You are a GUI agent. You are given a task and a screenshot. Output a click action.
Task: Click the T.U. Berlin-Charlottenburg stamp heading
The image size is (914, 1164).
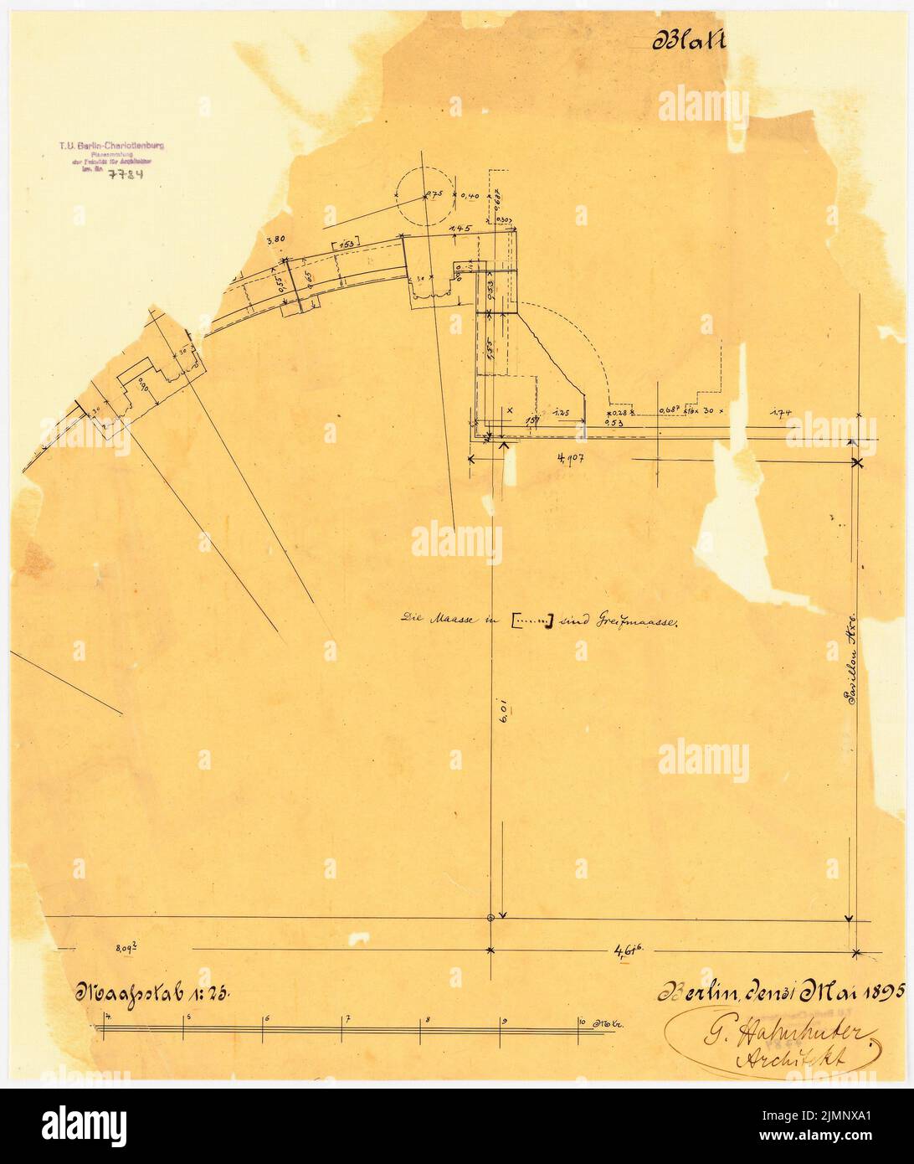pyautogui.click(x=112, y=145)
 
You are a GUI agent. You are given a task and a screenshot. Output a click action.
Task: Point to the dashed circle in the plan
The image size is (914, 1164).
pyautogui.click(x=425, y=193)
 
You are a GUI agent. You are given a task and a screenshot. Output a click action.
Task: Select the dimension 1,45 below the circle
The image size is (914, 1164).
pyautogui.click(x=458, y=229)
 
